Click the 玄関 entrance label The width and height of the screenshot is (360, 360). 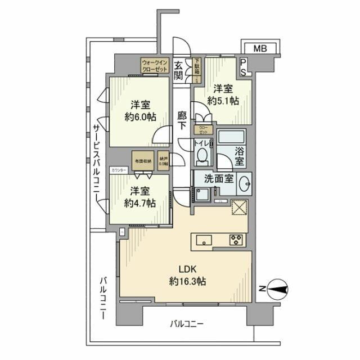coord(178,70)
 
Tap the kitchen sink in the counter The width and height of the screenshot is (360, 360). coord(202,240)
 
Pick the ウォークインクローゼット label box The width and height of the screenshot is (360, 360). coord(155,66)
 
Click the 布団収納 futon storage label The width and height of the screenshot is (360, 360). coord(142,160)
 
